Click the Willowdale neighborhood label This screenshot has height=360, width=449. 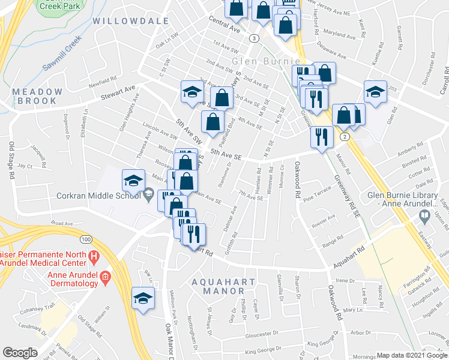[x=130, y=21]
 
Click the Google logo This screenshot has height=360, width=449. [x=20, y=353]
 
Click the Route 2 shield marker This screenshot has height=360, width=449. [x=344, y=137]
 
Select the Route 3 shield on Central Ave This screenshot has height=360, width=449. [x=255, y=38]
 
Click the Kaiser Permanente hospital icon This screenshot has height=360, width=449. [x=93, y=257]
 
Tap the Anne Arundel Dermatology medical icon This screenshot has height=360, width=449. [x=106, y=277]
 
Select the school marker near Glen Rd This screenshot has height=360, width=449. [x=376, y=92]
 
